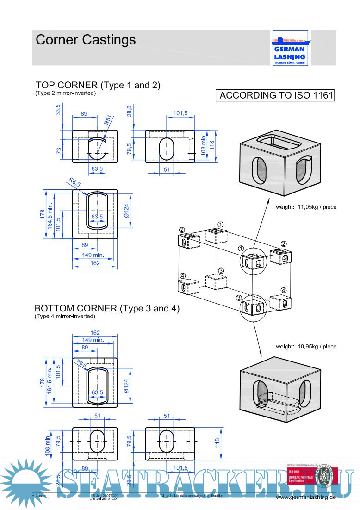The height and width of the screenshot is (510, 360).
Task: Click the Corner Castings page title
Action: pos(86,40)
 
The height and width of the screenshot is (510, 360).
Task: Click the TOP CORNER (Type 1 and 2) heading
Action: pos(98,85)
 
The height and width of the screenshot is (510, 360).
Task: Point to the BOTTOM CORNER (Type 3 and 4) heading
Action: pos(107,308)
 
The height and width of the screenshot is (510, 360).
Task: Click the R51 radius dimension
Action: pos(108,122)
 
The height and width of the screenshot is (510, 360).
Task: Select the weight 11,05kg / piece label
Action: pos(306,207)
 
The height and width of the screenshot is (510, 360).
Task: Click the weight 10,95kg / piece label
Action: pos(306,346)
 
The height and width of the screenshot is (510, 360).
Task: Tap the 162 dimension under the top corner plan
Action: pos(95,263)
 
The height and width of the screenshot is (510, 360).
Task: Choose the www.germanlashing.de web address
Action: pos(305,497)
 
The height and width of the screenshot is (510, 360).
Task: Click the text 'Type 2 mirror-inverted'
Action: pos(65,93)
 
